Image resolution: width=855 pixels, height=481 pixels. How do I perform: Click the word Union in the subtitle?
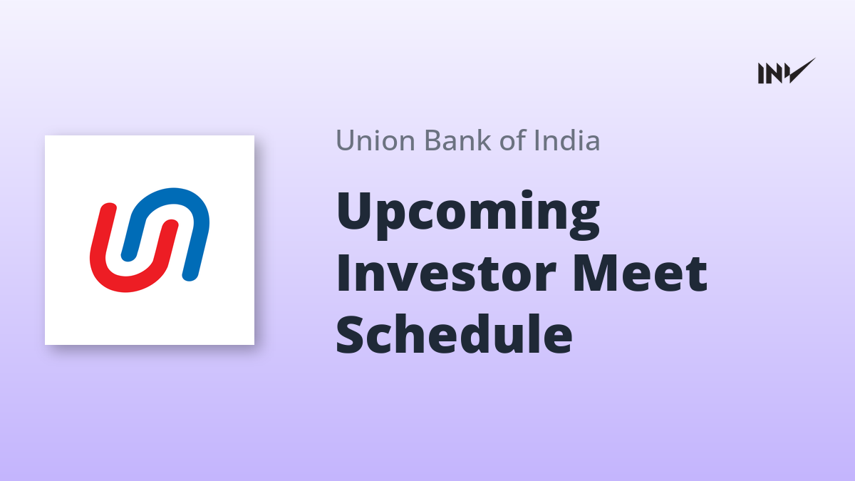pos(375,140)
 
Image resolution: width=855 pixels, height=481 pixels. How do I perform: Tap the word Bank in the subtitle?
pos(457,140)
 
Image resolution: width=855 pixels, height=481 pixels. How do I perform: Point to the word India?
pos(567,140)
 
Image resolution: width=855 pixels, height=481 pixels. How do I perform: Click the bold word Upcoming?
pos(468,214)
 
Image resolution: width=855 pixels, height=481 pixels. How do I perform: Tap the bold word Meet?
pos(640,274)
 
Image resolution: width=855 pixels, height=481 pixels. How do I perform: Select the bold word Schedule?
pos(455,333)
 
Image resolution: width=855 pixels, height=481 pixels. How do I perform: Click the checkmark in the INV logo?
pos(802,71)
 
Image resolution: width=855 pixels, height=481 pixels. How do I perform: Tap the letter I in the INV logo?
pos(761,73)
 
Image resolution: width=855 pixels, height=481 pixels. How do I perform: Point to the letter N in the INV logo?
pos(773,73)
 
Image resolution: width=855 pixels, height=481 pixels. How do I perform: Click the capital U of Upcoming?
pos(356,211)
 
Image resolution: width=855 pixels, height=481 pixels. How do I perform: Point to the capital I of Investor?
pos(343,274)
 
